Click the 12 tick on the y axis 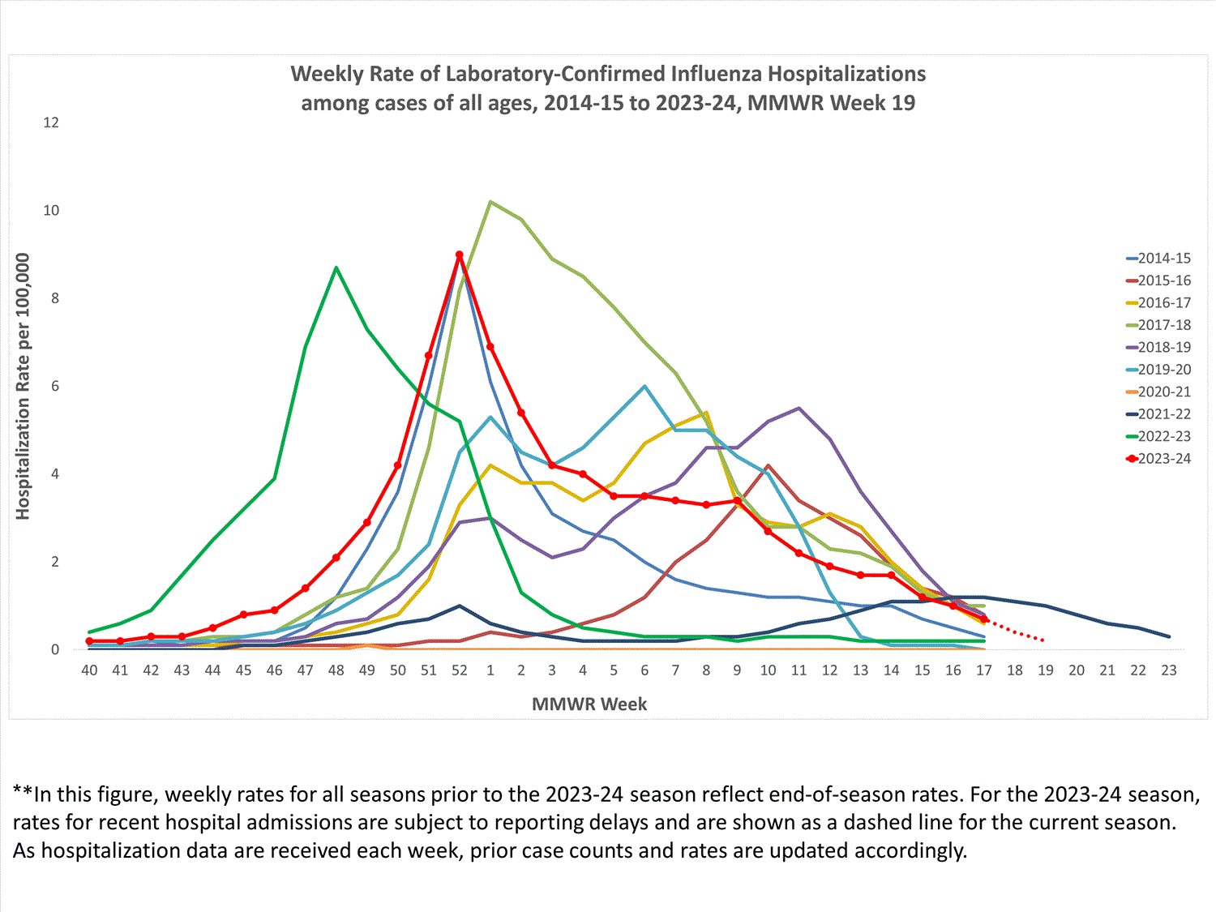click(x=51, y=122)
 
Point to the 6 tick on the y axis click(x=54, y=386)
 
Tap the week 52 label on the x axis click(x=460, y=670)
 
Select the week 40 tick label click(x=89, y=670)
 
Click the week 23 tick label click(x=1169, y=670)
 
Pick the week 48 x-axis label click(x=336, y=670)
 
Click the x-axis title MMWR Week click(x=589, y=704)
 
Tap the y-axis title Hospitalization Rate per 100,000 click(x=23, y=386)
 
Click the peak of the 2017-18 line click(x=490, y=202)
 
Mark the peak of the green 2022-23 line click(x=336, y=268)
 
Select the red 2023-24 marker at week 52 click(x=460, y=255)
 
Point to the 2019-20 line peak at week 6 click(x=644, y=386)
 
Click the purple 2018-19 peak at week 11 click(x=799, y=408)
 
